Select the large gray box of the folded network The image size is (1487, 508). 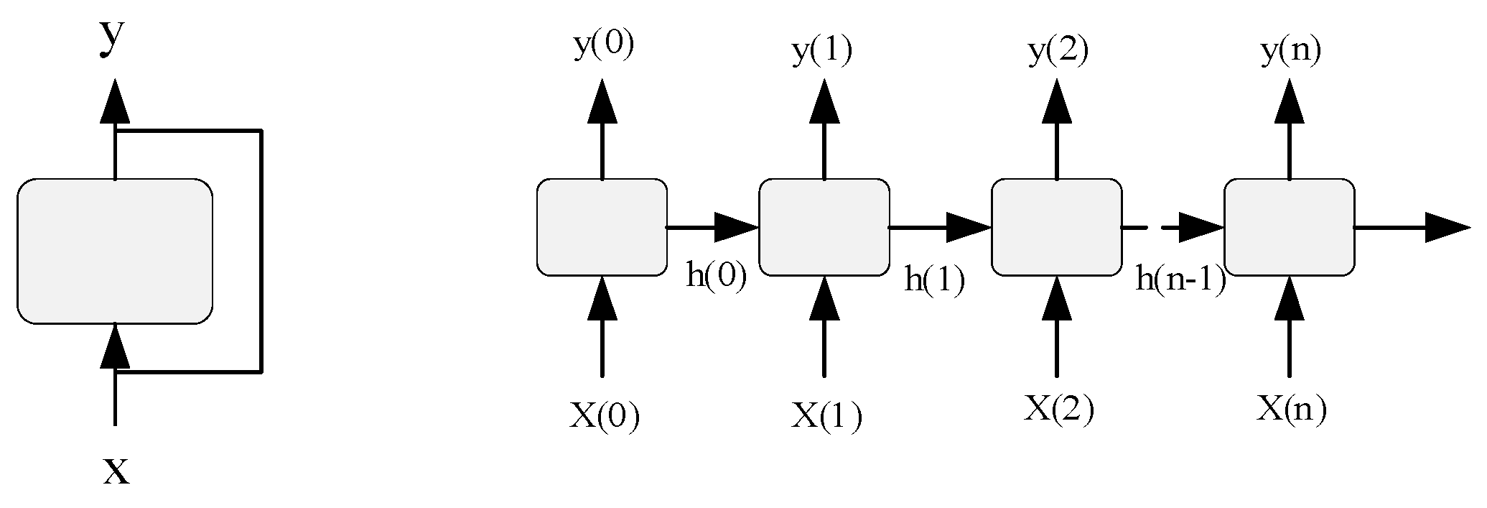tap(115, 251)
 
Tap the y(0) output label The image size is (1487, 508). tap(604, 46)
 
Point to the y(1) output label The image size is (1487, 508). tap(822, 52)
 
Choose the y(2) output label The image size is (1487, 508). tap(1058, 52)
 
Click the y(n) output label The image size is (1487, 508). tap(1291, 52)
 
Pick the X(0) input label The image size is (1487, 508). tap(604, 415)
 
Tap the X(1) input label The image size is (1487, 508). tap(826, 415)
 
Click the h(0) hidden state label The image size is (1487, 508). tap(717, 276)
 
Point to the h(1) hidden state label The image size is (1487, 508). tap(933, 280)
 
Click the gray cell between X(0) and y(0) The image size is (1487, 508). tap(602, 227)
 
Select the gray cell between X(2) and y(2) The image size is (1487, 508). tap(1056, 227)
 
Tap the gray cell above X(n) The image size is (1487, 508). tap(1289, 227)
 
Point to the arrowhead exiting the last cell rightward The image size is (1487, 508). tap(1447, 227)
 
